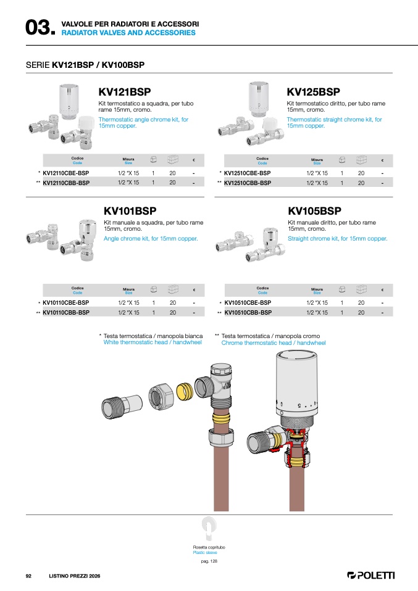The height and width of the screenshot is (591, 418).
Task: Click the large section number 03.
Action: [40, 28]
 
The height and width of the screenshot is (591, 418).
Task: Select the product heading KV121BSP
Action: [125, 91]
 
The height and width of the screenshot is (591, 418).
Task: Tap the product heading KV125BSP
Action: [313, 91]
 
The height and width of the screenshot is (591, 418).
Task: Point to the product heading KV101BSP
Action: [130, 211]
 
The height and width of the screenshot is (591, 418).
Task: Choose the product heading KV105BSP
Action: [314, 211]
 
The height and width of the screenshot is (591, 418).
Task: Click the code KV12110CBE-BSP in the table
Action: [66, 173]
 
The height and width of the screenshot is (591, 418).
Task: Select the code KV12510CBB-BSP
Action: [248, 183]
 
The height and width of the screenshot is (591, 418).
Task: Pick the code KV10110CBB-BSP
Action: [66, 312]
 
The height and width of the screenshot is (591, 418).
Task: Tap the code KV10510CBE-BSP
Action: [248, 303]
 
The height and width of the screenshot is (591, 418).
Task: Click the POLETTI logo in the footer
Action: [370, 575]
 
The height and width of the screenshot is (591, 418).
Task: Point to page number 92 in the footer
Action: [28, 576]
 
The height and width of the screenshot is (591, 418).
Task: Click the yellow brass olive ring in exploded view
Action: [185, 392]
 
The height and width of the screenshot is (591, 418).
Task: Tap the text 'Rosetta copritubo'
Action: [209, 547]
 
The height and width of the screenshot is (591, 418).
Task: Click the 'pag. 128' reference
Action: [209, 561]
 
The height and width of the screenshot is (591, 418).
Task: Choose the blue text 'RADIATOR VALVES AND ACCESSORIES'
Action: [128, 33]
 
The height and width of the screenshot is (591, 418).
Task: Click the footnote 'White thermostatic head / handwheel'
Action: [153, 342]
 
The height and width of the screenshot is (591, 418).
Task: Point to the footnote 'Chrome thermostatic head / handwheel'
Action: [274, 342]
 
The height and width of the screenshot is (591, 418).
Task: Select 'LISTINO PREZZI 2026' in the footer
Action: [75, 576]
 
